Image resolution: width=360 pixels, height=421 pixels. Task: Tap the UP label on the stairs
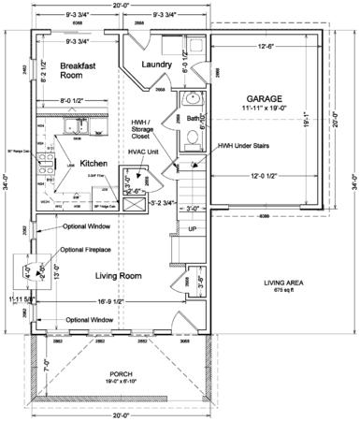tap(193, 228)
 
